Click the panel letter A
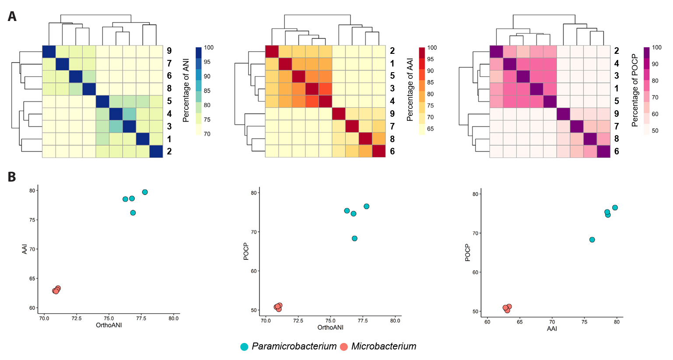(12, 17)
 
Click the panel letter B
(12, 177)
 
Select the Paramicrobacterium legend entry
(294, 346)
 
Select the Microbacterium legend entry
(383, 346)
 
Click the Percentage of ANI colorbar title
(186, 91)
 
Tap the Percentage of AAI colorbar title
(410, 90)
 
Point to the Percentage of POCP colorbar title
(635, 91)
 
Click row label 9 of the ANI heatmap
(169, 51)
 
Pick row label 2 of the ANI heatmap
(169, 151)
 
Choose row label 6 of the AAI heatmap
(393, 151)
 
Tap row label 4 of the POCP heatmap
(617, 63)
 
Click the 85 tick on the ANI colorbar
(207, 91)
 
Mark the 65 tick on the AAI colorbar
(431, 129)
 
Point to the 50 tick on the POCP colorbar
(655, 131)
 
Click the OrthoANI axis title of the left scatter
(109, 325)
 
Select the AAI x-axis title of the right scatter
(552, 329)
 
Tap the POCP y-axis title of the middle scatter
(246, 252)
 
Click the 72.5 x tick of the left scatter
(77, 318)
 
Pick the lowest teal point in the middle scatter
(354, 238)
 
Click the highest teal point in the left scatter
(145, 192)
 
